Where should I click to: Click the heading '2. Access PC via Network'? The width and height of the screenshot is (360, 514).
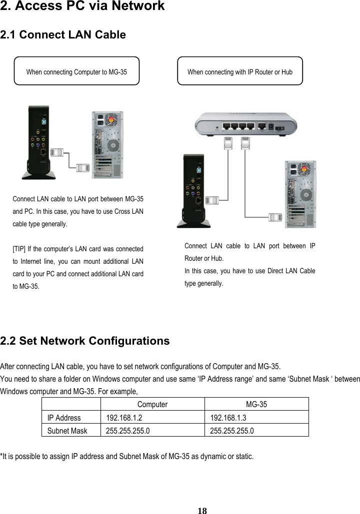click(82, 6)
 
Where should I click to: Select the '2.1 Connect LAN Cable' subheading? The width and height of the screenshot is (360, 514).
click(63, 35)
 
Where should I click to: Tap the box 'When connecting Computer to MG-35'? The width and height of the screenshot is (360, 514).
click(76, 72)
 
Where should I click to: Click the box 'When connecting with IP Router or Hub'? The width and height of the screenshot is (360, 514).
click(240, 72)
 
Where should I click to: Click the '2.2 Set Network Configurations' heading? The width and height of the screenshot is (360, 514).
click(85, 341)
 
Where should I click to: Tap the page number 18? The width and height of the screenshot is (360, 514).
click(202, 510)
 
